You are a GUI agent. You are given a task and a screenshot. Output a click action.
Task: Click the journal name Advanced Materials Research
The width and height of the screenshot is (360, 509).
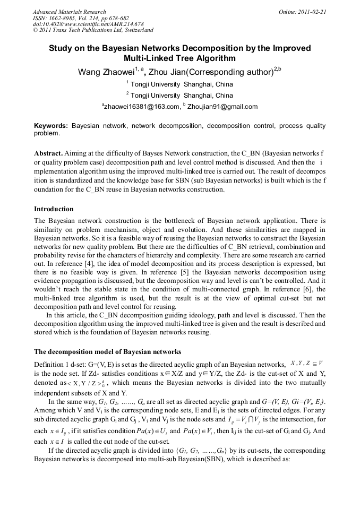69,12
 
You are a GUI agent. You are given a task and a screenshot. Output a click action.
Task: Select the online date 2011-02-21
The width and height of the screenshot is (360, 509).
312,12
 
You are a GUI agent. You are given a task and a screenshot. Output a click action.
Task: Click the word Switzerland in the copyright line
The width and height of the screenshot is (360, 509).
137,30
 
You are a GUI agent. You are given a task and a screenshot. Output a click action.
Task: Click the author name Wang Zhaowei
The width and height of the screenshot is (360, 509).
106,72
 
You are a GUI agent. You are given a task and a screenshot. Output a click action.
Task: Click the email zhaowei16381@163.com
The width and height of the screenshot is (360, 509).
141,107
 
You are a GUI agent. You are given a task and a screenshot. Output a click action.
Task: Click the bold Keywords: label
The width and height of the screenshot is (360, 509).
51,126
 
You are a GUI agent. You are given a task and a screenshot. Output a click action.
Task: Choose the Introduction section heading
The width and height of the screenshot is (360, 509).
54,209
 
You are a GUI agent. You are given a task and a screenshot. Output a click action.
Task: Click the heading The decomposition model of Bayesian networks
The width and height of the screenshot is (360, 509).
107,351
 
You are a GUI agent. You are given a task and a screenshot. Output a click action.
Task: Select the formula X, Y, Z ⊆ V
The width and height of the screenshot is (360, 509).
307,363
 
